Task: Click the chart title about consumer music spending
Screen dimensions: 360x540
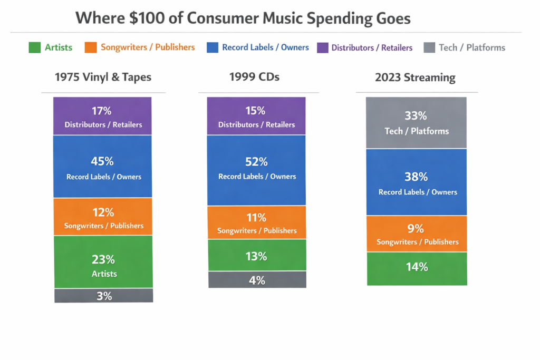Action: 243,18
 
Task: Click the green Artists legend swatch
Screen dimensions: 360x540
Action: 34,47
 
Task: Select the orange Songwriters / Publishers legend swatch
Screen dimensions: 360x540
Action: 91,47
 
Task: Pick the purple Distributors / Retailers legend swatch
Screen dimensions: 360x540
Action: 322,47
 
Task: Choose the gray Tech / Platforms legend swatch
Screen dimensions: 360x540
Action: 429,47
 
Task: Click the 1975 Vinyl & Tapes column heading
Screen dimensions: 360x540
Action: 103,77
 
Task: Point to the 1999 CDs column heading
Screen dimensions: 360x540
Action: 254,77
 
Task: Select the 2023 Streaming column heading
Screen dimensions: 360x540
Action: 415,77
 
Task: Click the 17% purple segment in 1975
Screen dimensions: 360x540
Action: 103,116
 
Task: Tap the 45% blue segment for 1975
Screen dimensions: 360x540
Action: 103,167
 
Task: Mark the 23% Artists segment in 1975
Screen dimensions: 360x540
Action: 103,262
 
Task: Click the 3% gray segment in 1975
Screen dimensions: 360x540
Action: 104,296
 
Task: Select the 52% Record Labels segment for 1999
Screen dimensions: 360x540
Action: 256,170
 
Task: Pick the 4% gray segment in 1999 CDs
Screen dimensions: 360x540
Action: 257,280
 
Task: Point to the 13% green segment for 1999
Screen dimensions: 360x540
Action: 257,256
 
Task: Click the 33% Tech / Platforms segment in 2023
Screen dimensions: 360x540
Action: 416,122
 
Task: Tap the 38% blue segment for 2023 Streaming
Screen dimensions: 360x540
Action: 417,182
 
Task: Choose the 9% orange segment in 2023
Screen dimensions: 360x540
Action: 417,234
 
